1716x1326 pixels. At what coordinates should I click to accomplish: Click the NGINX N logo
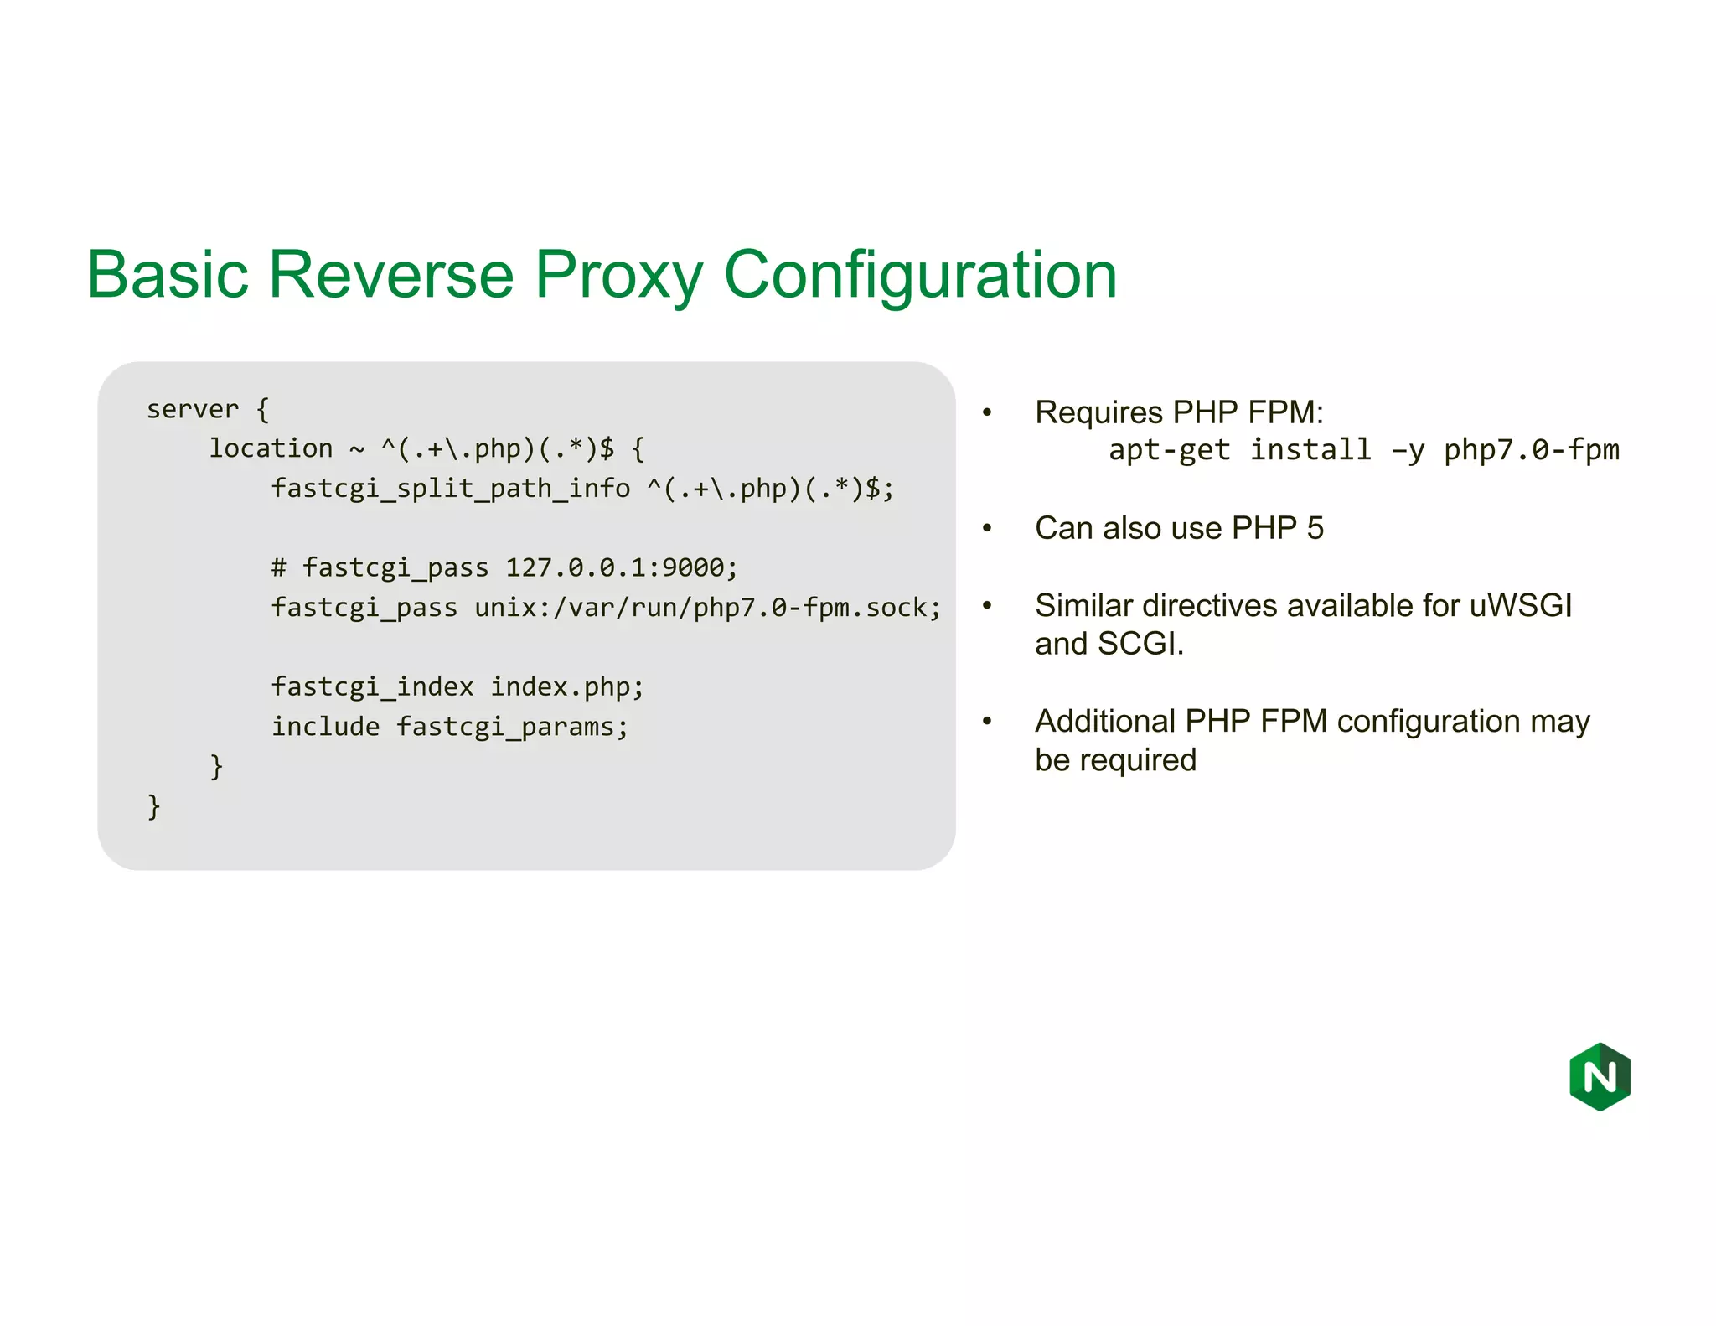point(1600,1076)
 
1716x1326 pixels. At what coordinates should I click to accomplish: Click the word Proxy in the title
point(618,276)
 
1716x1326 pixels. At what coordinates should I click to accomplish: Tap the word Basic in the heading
point(168,276)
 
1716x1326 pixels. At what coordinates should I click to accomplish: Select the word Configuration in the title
point(920,276)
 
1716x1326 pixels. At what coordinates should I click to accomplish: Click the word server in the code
point(193,410)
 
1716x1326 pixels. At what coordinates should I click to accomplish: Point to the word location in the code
point(271,449)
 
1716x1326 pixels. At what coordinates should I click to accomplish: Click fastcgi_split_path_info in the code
point(450,489)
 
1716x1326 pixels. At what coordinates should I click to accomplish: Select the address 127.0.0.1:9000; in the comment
point(621,568)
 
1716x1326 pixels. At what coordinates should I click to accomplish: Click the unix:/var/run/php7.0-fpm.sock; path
point(708,608)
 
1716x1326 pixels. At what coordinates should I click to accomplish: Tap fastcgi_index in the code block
point(372,687)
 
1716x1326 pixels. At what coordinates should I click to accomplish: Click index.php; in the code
point(567,687)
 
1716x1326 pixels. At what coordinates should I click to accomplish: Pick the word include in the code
point(325,727)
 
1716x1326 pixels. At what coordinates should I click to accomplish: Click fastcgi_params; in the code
point(512,727)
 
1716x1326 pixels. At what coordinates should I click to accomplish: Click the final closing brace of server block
point(153,806)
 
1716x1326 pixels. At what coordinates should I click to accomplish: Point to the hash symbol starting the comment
point(279,568)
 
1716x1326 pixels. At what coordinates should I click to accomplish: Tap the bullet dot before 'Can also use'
point(987,528)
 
